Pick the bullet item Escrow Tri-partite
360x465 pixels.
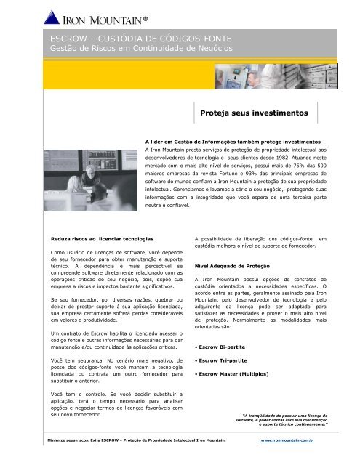tap(225, 360)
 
